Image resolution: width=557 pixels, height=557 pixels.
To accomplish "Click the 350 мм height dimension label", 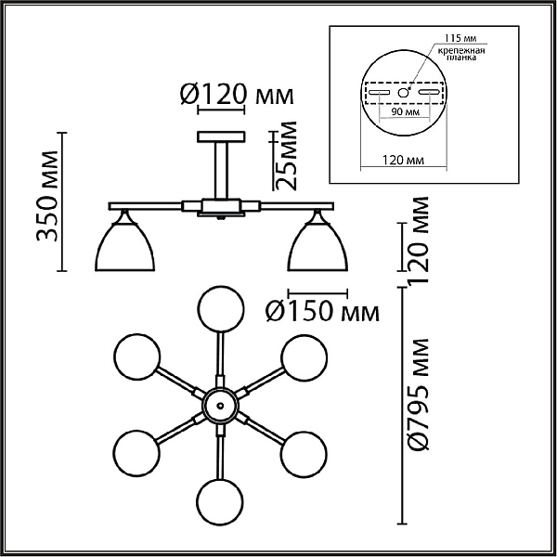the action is (47, 196).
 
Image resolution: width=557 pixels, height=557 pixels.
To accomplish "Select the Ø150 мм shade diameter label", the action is (322, 312).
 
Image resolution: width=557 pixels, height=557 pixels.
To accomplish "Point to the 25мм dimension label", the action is (285, 155).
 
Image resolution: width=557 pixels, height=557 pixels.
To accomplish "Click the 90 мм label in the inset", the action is (406, 112).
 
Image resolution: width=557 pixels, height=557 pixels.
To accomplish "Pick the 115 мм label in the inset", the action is (460, 38).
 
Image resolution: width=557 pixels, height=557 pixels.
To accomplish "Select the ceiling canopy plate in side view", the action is (221, 136).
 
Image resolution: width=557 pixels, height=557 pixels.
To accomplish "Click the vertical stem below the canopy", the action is (221, 170).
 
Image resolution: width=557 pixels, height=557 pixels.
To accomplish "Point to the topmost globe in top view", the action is (221, 309).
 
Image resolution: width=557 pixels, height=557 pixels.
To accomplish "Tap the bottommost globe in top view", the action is (221, 501).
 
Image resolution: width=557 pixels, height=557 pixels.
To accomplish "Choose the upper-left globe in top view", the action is (136, 356).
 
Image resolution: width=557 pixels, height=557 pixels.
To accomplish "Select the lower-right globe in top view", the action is (304, 454).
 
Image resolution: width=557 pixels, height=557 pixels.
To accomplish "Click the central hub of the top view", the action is (220, 406).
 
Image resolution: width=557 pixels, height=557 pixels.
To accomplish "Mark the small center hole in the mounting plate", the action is (403, 93).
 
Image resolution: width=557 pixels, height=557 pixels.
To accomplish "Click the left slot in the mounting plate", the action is (379, 92).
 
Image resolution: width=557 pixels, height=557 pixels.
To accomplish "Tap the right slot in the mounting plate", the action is (429, 92).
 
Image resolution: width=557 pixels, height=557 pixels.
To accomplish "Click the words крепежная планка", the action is (461, 54).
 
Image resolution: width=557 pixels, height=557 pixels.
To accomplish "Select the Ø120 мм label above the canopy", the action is (237, 95).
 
